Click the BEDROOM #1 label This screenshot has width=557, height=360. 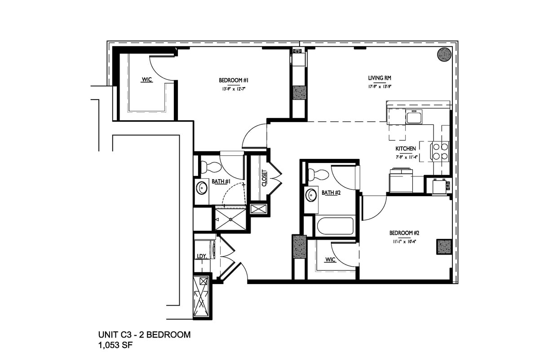coord(234,80)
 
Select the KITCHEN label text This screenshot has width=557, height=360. coord(405,149)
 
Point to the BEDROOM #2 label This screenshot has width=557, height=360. coord(404,233)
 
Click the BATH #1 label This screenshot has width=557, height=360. coord(221,181)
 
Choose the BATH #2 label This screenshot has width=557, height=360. coord(331,193)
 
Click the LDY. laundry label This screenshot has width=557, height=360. coord(201,256)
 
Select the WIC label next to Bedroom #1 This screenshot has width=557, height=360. coord(147,80)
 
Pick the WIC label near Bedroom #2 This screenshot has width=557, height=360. coord(330,259)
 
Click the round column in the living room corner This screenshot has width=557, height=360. coord(444,54)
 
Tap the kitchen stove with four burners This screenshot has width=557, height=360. coord(440,151)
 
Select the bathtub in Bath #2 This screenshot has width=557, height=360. coord(336,226)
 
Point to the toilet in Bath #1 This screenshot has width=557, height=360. coord(210,167)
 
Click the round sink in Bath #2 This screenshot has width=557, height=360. coord(311,195)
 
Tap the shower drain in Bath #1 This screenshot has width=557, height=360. coord(230,220)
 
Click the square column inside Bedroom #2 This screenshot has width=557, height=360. coord(444,246)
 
